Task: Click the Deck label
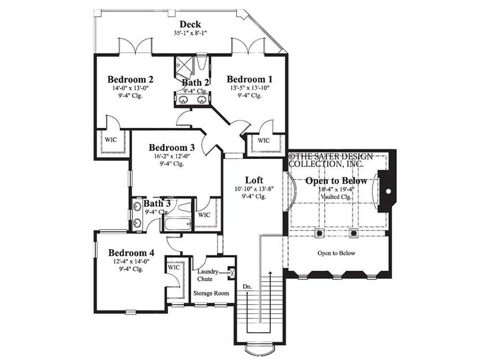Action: (x=190, y=24)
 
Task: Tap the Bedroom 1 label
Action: (x=249, y=79)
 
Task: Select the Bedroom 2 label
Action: (x=130, y=79)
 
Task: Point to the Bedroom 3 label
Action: (x=172, y=147)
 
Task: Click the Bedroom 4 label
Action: (x=131, y=253)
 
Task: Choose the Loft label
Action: (x=254, y=180)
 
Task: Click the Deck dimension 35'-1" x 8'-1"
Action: (x=191, y=33)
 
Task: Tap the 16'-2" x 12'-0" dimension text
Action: (x=172, y=156)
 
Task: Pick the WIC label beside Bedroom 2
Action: (x=111, y=140)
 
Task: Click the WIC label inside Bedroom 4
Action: (x=174, y=267)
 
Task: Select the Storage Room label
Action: (x=211, y=293)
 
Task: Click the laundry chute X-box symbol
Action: (x=231, y=272)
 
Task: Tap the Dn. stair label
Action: (x=247, y=287)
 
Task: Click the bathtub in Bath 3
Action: (x=177, y=224)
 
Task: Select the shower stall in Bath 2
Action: (x=184, y=67)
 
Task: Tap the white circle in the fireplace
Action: (x=388, y=191)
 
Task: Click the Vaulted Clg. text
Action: (x=336, y=196)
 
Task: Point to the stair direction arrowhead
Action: (x=270, y=273)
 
